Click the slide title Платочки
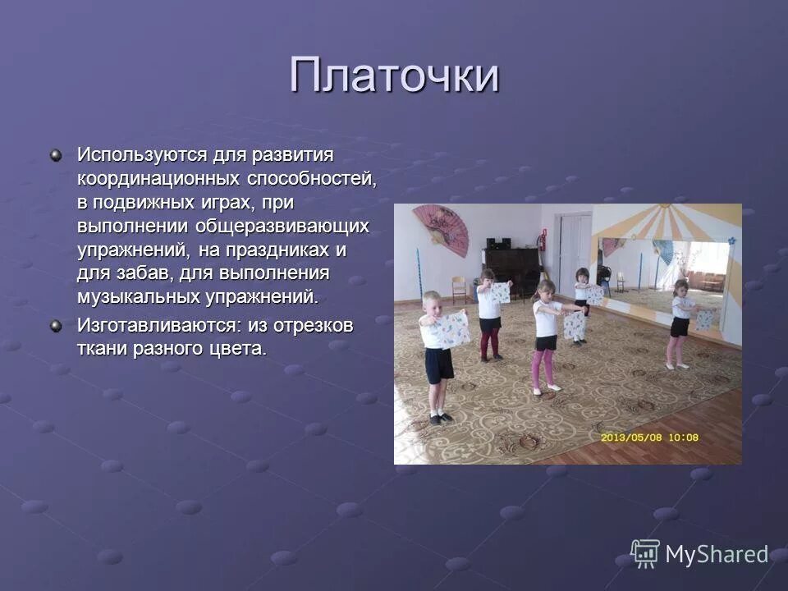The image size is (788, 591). click(394, 76)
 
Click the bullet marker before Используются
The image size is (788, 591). click(55, 155)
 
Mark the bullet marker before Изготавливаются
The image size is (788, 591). click(55, 326)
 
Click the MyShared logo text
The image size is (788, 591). click(717, 554)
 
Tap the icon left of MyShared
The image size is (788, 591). click(645, 553)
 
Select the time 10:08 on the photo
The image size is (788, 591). click(682, 438)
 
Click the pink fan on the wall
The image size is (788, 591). click(440, 229)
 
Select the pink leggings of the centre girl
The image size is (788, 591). click(543, 364)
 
